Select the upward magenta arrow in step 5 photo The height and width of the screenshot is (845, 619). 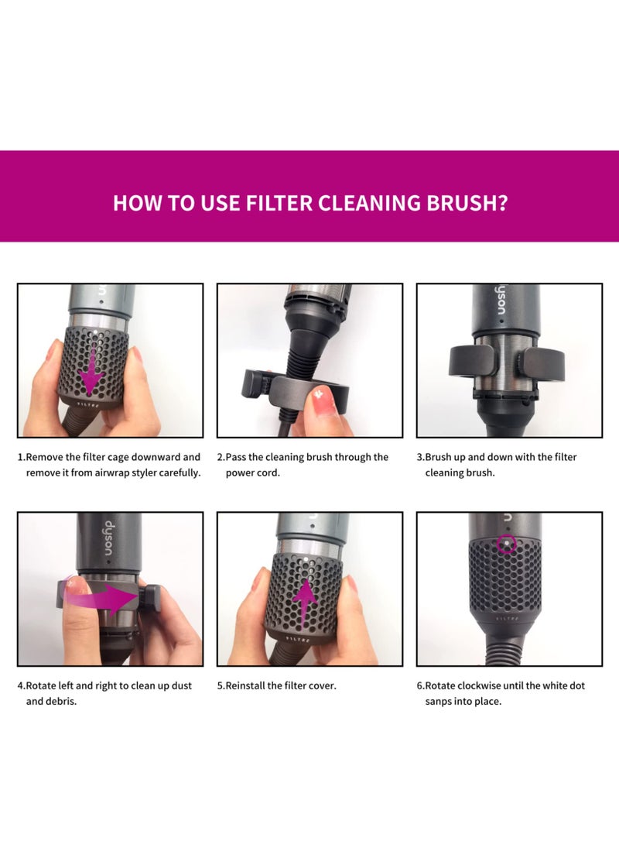point(305,603)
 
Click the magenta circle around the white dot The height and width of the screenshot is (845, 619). point(506,544)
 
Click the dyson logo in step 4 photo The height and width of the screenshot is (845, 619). point(108,539)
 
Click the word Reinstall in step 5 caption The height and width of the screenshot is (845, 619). point(245,685)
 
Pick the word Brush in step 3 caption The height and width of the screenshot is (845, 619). point(438,457)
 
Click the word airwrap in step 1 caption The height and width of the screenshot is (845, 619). point(114,473)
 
